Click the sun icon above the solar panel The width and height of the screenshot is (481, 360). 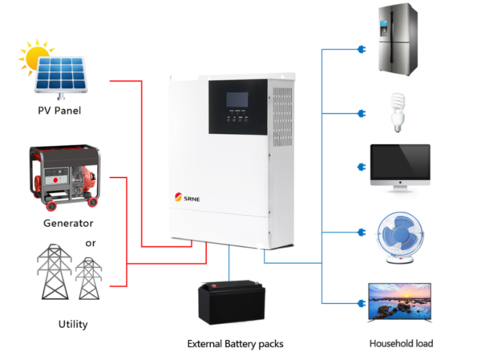click(x=37, y=59)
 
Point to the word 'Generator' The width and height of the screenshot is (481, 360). click(x=69, y=223)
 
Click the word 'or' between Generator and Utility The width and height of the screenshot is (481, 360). click(x=91, y=242)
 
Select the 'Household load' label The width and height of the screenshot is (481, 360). click(x=402, y=343)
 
